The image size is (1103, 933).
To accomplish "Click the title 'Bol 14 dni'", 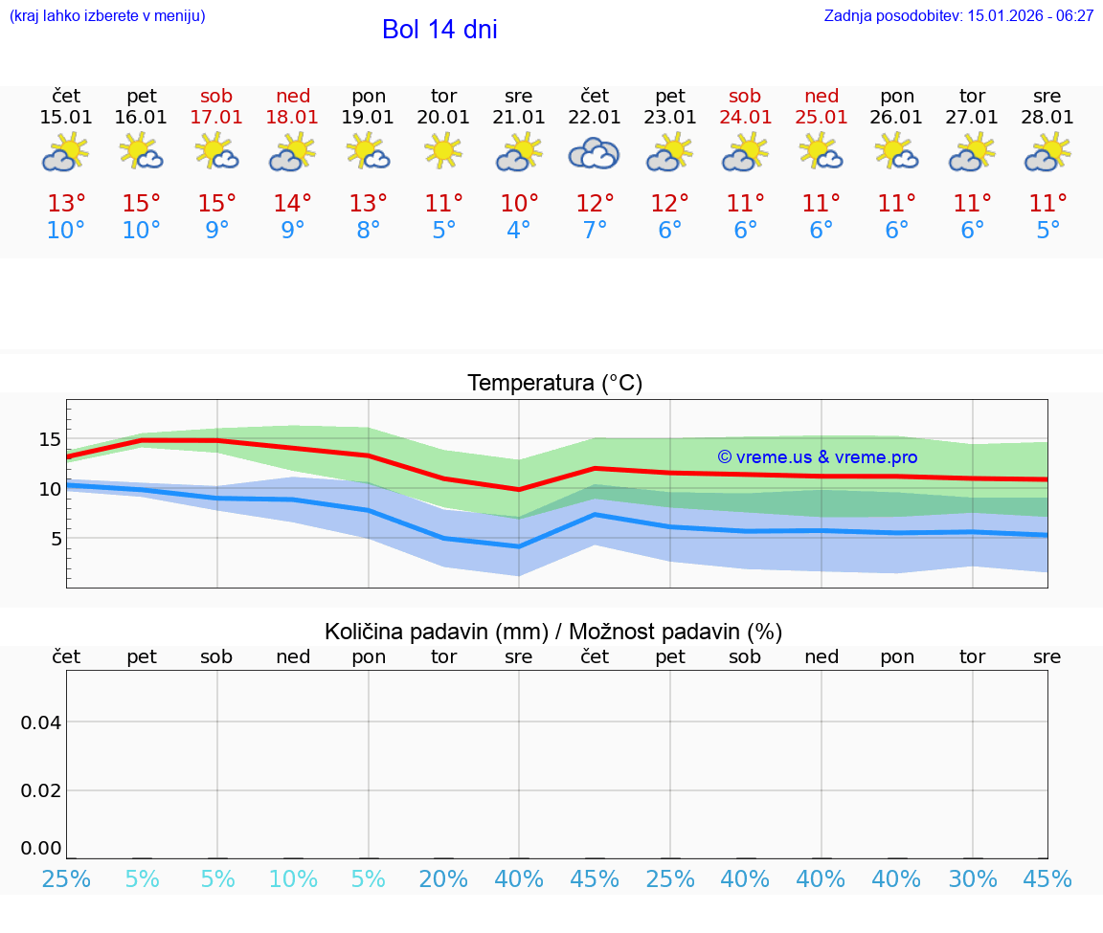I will click(439, 30).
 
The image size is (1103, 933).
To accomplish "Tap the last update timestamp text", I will click(958, 15).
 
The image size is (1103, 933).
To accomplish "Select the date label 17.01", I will click(217, 118).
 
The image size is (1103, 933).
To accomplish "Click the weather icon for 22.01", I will click(594, 154).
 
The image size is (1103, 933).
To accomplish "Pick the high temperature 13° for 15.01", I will click(66, 204).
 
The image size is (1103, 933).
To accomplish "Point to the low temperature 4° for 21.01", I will click(518, 231).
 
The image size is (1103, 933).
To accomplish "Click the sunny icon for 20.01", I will click(443, 151).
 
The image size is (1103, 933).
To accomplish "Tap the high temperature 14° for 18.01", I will click(292, 204).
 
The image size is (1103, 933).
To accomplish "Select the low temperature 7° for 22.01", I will click(594, 231).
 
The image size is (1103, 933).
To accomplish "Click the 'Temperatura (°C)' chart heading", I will click(554, 384).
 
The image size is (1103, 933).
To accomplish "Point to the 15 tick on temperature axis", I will click(50, 439).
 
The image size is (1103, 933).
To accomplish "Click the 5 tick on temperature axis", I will click(55, 539).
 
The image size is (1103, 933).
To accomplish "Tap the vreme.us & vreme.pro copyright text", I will click(817, 457).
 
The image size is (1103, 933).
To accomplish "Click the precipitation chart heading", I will click(553, 632).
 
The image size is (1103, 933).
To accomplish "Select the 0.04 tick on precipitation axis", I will click(41, 722).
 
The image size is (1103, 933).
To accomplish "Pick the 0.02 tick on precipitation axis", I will click(41, 789).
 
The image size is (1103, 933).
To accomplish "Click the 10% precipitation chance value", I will click(292, 879).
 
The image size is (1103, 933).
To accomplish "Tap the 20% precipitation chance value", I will click(443, 879).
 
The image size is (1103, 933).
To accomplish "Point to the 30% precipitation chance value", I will click(973, 879).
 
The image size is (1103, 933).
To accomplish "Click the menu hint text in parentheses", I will click(107, 15).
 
